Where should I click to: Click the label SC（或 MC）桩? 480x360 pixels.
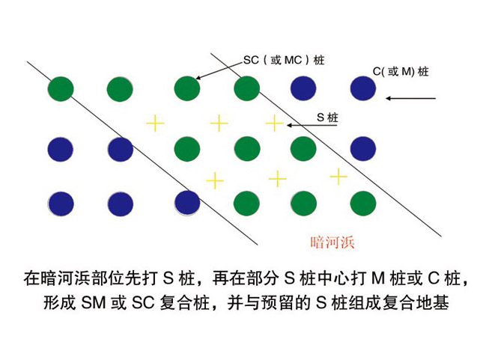point(284,60)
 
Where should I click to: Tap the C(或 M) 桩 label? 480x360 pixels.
point(401,72)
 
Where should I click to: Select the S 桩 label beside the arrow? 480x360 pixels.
point(327,118)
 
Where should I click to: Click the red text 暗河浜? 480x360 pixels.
point(332,242)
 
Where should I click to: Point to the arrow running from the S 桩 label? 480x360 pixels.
point(312,125)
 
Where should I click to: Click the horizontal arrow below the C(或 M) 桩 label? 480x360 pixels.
point(410,99)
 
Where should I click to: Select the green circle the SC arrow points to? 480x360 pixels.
point(187,88)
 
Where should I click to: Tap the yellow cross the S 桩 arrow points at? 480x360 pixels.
point(274,123)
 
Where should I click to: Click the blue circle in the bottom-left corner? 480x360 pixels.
point(61,204)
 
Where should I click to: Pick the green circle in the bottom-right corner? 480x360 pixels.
point(363,204)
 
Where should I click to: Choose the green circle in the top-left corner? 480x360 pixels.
point(61,89)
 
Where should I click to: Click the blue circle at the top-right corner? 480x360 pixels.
point(363,88)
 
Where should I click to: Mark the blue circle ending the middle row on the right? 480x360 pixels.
point(363,149)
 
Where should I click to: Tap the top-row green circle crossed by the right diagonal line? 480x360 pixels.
point(246,88)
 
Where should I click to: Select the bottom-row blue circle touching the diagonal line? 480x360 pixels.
point(187,203)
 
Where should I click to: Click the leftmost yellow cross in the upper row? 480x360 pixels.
point(155,123)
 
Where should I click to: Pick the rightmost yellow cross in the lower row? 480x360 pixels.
point(338,177)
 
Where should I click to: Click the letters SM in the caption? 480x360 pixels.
point(94,303)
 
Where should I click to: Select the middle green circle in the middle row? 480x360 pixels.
point(246,149)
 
